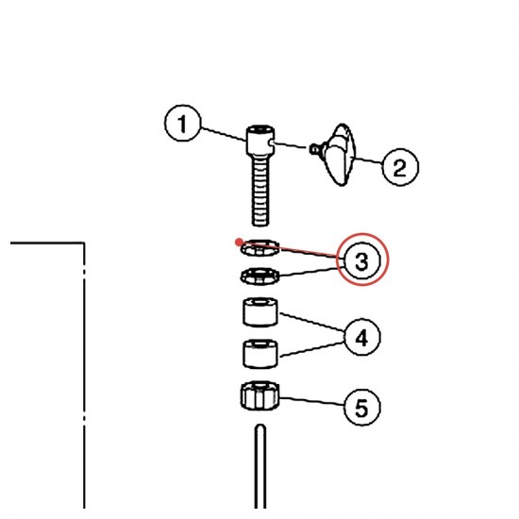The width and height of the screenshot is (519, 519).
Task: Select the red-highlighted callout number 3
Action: [x=362, y=259]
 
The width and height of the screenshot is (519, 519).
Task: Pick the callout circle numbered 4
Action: [x=362, y=337]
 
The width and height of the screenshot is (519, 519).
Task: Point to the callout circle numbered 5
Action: [x=362, y=407]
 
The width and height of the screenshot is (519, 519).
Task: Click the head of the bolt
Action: [x=260, y=140]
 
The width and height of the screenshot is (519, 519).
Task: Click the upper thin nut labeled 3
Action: [x=259, y=248]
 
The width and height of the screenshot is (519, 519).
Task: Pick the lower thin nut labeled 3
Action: [x=259, y=276]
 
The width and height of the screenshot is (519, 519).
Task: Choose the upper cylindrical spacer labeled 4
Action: [x=260, y=311]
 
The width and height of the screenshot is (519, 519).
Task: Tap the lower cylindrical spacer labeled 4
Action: [x=260, y=354]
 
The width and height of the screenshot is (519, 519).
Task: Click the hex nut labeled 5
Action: [x=260, y=395]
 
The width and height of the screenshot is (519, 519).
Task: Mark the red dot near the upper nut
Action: [x=239, y=243]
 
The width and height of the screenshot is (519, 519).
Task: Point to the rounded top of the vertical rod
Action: [x=260, y=427]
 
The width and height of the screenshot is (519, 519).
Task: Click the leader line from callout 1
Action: [x=224, y=134]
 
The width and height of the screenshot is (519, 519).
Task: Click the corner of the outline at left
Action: [x=84, y=243]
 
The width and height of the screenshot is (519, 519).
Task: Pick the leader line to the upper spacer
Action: [x=312, y=322]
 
